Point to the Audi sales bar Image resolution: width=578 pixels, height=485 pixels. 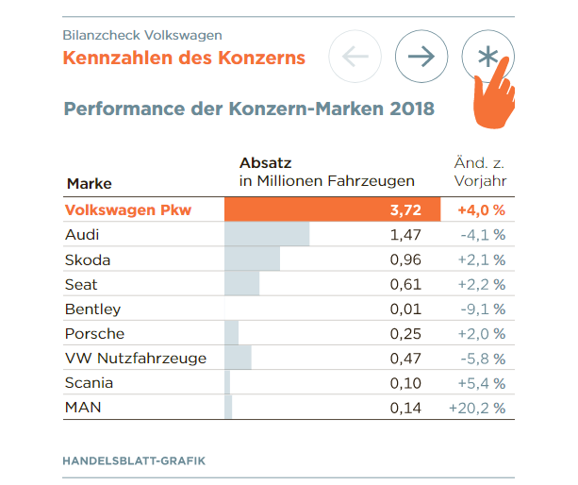point(267,234)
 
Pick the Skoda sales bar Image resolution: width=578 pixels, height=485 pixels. point(252,259)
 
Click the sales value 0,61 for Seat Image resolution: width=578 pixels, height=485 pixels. point(405,284)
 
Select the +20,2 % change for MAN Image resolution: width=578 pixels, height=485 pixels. point(478,408)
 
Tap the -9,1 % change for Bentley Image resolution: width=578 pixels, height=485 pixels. point(481,309)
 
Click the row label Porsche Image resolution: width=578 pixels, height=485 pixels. point(94,334)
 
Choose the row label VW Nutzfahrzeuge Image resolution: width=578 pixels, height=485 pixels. point(135,359)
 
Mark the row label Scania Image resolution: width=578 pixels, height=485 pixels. point(89,383)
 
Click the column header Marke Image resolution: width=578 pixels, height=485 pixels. point(90,183)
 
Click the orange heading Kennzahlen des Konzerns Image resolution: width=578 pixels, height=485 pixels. point(184,58)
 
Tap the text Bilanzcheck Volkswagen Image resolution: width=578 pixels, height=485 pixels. point(142,35)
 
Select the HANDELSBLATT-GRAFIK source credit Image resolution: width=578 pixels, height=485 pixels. point(133,460)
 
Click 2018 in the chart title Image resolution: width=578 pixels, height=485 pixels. point(409,109)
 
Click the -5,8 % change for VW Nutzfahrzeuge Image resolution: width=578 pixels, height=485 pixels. point(481,359)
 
